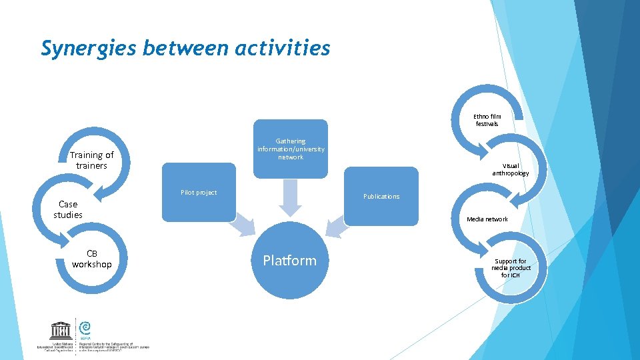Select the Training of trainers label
coord(92,160)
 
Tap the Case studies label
coord(68,209)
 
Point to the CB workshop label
coord(92,259)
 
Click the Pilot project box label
coord(199,193)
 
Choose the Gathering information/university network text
coord(291,149)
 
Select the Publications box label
coord(381,197)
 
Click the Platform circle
coord(289,261)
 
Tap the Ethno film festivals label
coord(487,120)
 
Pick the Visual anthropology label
coord(511,169)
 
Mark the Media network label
coord(487,219)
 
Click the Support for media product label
coord(511,268)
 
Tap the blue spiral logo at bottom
coord(85,327)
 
